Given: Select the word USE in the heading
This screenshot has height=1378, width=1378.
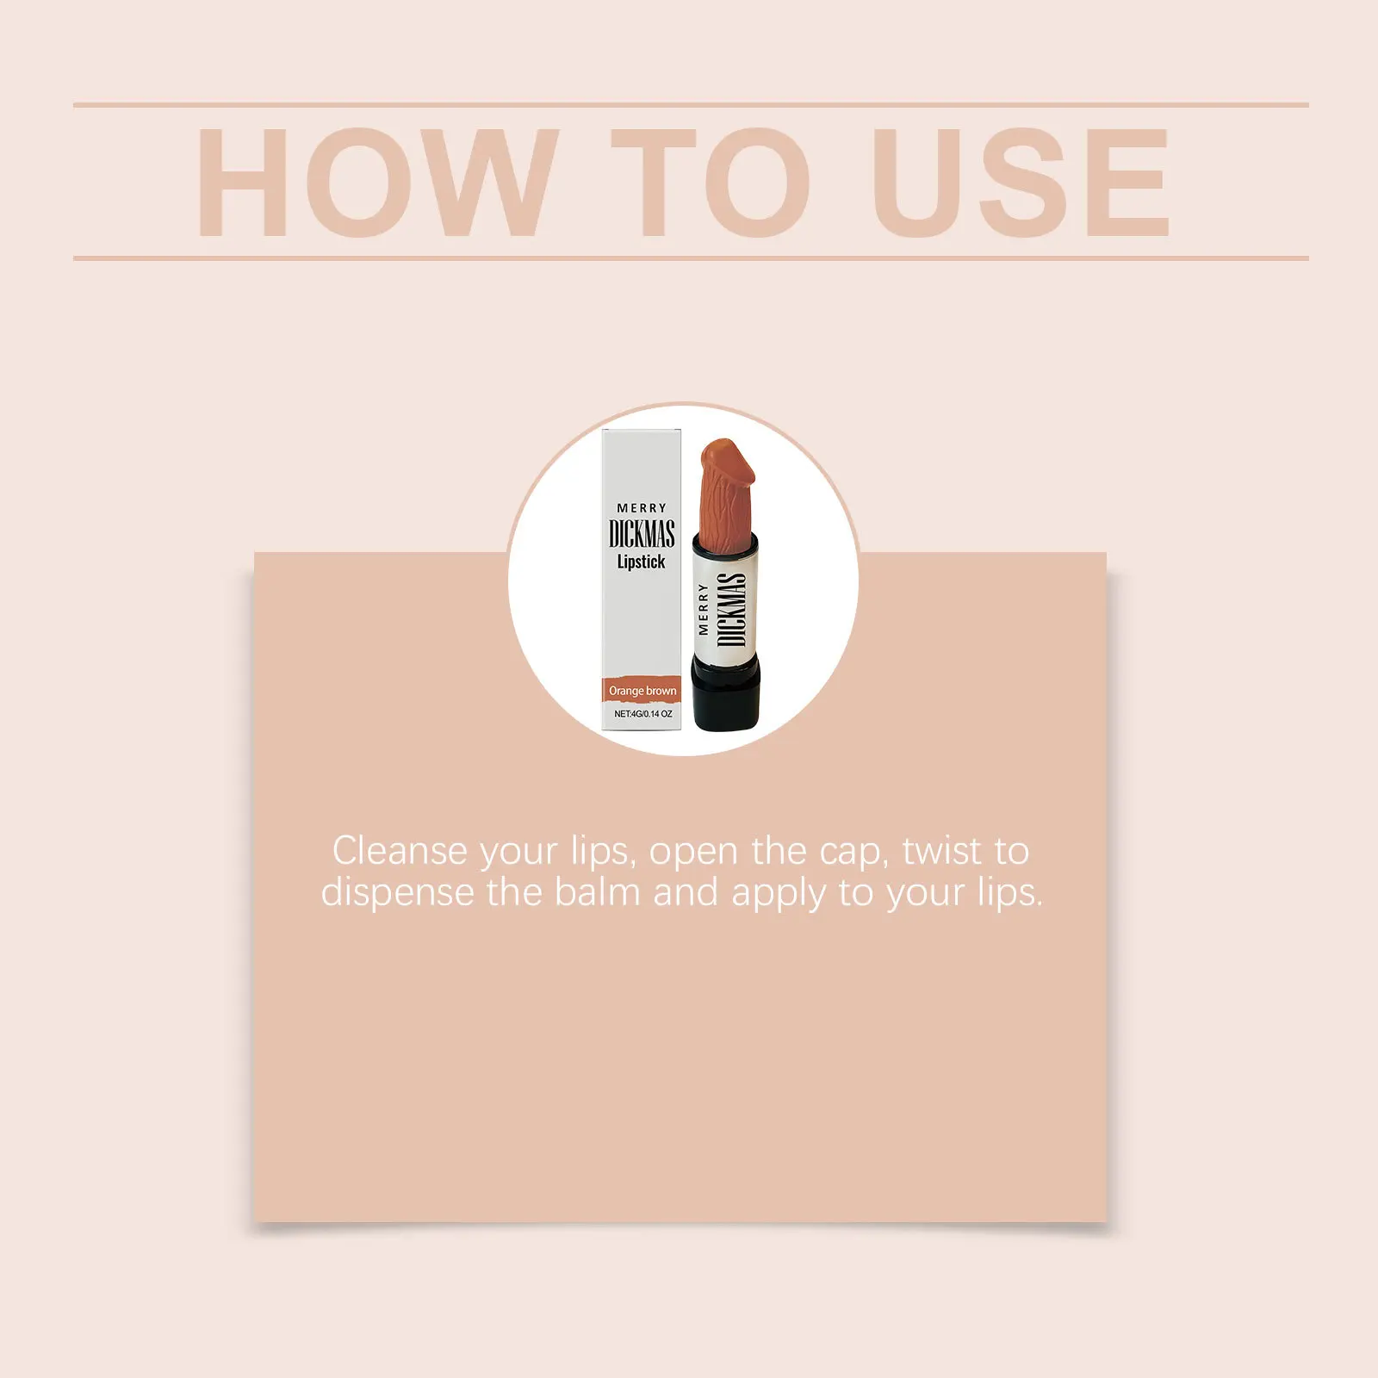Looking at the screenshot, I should click(x=1021, y=182).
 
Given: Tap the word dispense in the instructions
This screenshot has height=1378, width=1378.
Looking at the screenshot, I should click(x=397, y=892).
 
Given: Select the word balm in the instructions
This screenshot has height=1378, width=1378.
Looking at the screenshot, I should click(x=598, y=892).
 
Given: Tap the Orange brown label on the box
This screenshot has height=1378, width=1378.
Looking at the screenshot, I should click(x=642, y=691).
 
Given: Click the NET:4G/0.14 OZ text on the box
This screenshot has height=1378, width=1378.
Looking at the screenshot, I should click(x=642, y=714).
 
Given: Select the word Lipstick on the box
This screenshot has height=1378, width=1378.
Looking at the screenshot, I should click(x=641, y=562).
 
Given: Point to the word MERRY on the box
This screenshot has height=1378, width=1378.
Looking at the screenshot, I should click(x=642, y=508).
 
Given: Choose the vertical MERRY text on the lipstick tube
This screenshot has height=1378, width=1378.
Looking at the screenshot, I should click(x=704, y=609).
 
